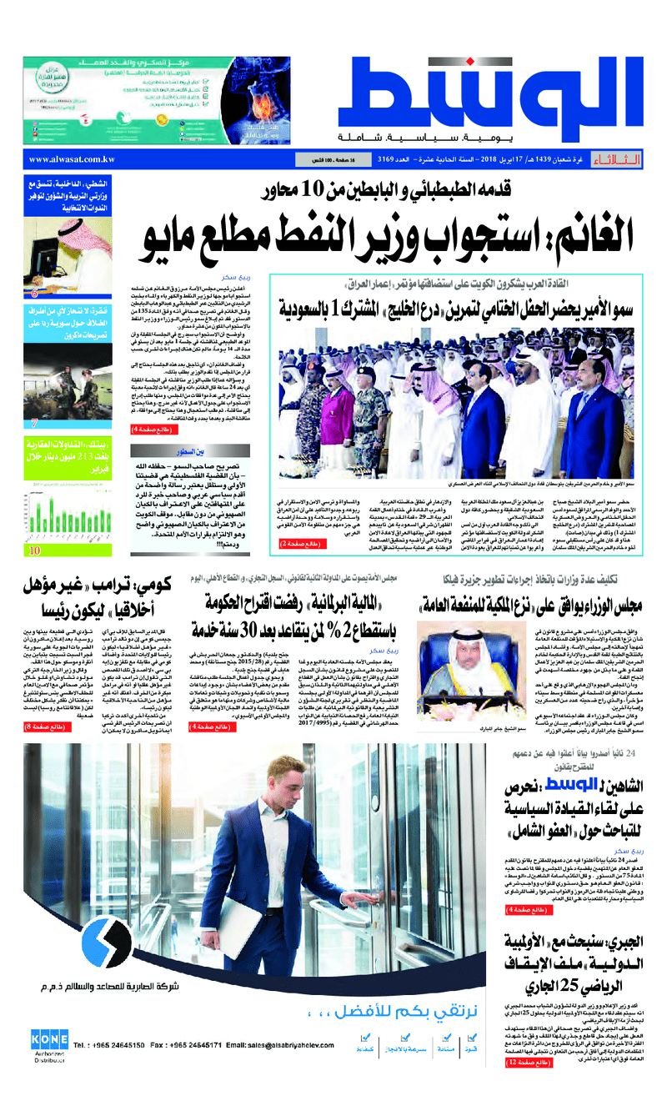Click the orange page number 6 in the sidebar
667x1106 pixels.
pyautogui.click(x=34, y=293)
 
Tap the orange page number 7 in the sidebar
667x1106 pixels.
pyautogui.click(x=34, y=422)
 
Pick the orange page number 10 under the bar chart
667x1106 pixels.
pyautogui.click(x=35, y=550)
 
